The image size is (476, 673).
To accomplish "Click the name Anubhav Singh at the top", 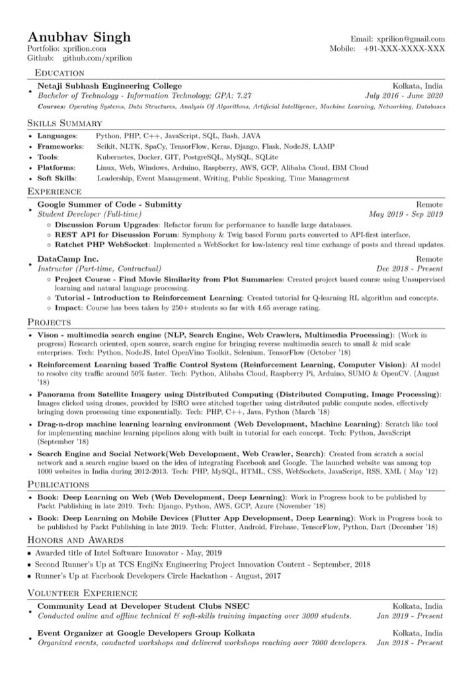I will pos(79,36).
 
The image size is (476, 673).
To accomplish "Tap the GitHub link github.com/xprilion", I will pos(97,58).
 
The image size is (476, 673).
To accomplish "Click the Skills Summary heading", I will pos(65,123).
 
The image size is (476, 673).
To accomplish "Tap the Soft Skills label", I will pos(57,178).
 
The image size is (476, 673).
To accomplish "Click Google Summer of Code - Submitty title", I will pos(109,204).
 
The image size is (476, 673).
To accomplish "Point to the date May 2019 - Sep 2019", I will pos(406,214).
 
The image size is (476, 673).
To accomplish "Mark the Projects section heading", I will pos(49,322).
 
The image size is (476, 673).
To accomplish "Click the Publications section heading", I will pos(58,485).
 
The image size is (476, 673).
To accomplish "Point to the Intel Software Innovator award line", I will pos(129,553).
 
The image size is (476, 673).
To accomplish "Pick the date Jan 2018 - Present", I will pos(409,643).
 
